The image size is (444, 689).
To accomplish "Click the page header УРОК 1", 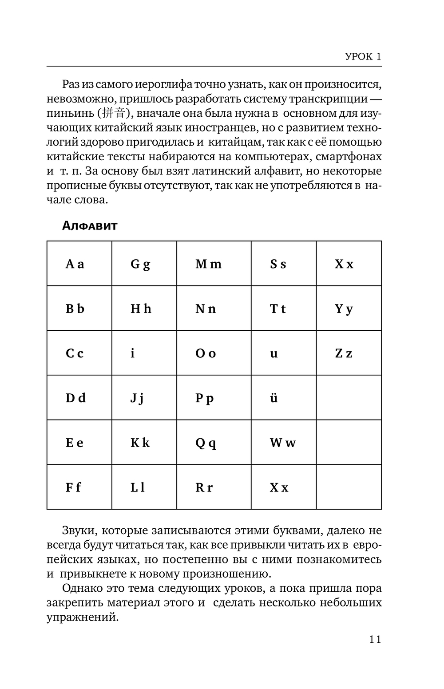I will tap(363, 57).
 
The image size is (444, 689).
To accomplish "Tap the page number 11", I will tap(375, 639).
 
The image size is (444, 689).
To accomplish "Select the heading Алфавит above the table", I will tap(90, 226).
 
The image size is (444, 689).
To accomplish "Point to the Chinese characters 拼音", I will tap(115, 114).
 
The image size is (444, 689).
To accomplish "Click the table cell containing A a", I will tap(79, 264).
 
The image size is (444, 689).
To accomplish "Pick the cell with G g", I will tap(144, 264).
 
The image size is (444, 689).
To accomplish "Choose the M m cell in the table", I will tap(214, 264).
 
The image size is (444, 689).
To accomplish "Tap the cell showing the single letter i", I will tap(144, 353).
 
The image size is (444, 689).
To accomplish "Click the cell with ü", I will tap(283, 398).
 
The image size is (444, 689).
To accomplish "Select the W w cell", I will tap(283, 443).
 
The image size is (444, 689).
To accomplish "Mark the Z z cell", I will tap(349, 353).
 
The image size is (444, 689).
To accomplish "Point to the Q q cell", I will tap(214, 443).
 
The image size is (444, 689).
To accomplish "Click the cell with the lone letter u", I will tap(283, 353).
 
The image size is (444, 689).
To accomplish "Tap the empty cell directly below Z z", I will tap(349, 398).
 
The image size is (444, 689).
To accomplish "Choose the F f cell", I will tap(79, 487).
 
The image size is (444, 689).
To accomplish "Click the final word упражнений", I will tap(83, 618).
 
